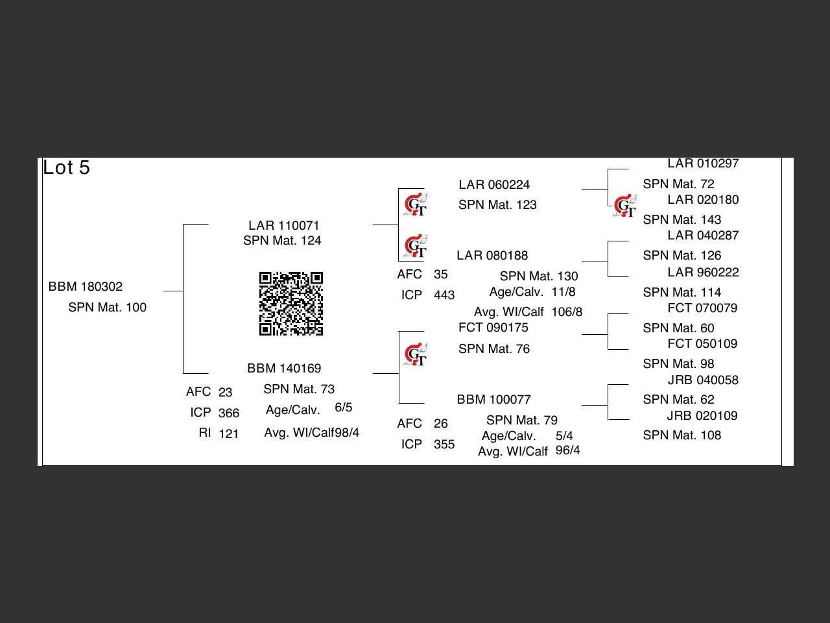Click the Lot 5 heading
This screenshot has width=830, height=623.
coord(66,168)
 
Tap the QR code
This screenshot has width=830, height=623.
coord(291,304)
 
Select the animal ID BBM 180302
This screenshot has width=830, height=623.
coord(86,287)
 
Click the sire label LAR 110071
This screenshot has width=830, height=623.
coord(284,225)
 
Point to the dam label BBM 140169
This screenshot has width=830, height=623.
coord(284,369)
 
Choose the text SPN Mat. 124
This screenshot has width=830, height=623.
coord(282,241)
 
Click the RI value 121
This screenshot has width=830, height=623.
coord(228,434)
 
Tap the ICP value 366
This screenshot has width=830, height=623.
coord(228,413)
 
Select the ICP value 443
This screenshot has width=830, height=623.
coord(444,295)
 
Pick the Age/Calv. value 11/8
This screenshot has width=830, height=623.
coord(563,292)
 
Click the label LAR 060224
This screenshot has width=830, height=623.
coord(494,185)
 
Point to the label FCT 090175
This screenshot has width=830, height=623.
coord(493,328)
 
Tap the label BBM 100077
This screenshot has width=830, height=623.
coord(493,400)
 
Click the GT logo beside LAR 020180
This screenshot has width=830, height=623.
coord(626,206)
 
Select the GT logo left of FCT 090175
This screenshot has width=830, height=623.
coord(416,354)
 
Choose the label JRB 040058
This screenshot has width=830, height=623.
coord(703,380)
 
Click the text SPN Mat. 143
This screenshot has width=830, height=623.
coord(682,220)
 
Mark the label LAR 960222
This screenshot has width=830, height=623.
coord(703,273)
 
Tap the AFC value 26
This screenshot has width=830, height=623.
coord(441,424)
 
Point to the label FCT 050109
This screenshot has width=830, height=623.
coord(702,344)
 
